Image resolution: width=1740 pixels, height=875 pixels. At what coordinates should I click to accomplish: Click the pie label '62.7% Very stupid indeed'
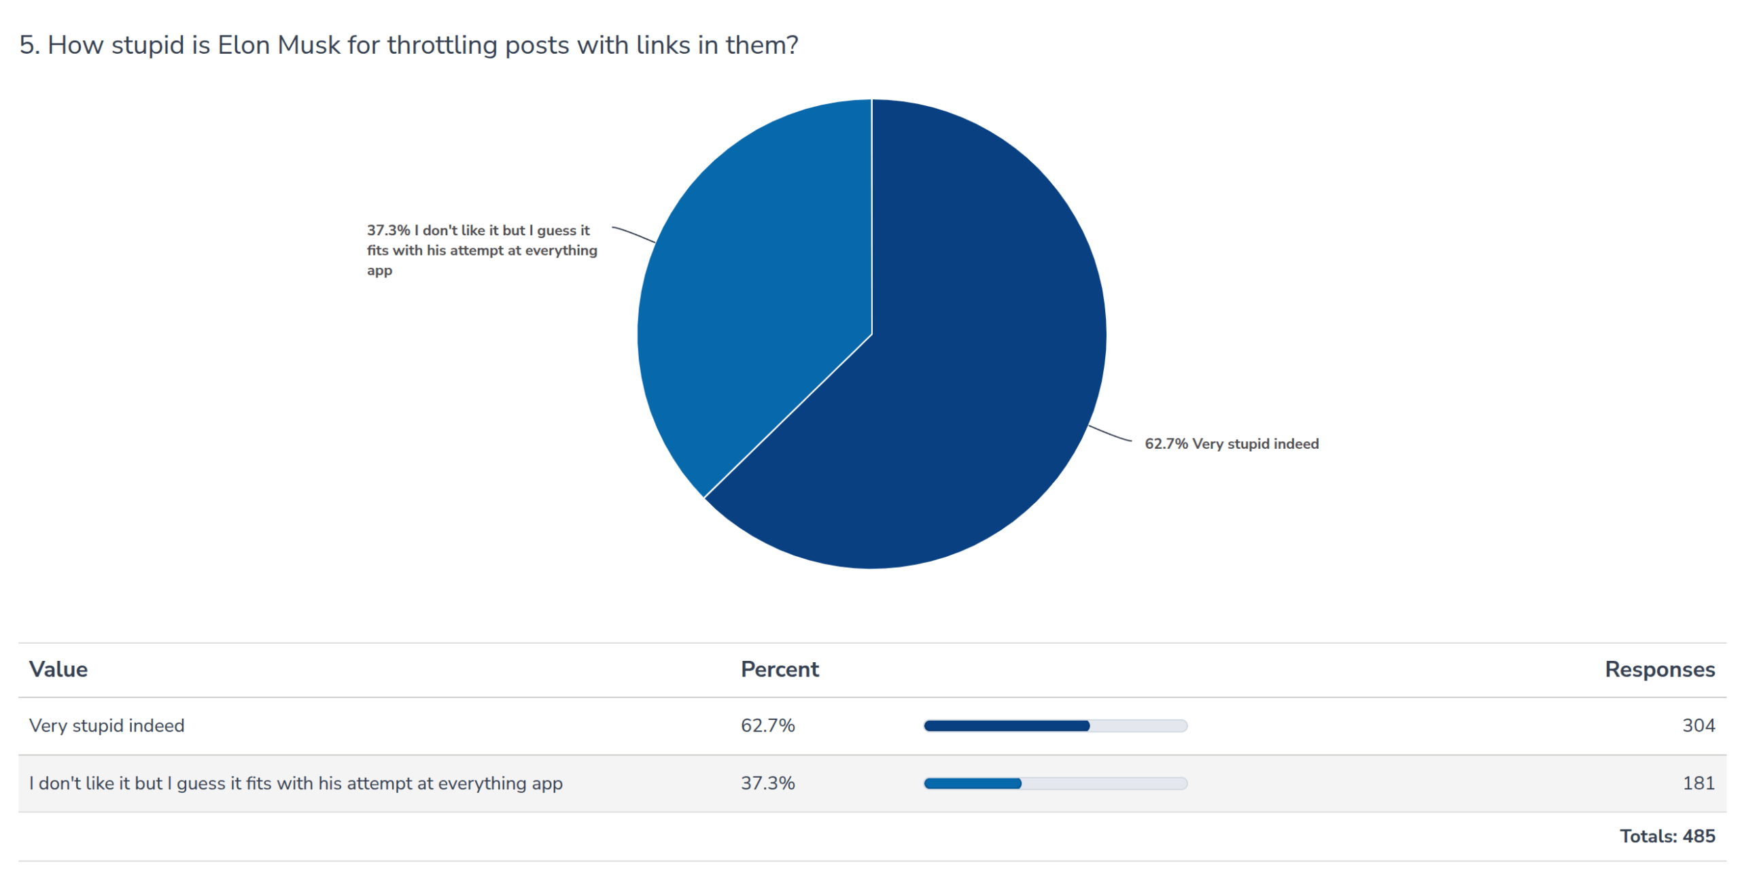1231,444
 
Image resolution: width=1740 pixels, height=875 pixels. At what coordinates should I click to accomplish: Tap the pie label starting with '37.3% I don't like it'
481,250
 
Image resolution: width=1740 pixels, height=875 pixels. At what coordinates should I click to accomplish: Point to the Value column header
58,670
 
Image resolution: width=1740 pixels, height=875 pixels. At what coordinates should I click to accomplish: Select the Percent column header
780,670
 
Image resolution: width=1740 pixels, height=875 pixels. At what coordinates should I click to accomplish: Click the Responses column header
1659,670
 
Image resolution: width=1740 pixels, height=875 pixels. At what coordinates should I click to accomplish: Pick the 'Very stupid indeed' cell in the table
107,726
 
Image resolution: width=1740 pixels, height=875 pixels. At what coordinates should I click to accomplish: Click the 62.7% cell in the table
767,726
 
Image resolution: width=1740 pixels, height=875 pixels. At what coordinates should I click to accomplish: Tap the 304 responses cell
1698,726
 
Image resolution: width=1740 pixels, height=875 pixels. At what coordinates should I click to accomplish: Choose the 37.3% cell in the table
767,783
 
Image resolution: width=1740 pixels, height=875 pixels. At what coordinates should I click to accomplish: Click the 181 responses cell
1698,783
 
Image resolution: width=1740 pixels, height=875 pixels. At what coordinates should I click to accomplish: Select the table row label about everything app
296,783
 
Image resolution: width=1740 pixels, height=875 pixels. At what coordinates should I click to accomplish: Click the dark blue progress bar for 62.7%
1006,726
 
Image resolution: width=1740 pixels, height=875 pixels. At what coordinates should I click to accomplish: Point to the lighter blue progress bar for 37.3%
972,784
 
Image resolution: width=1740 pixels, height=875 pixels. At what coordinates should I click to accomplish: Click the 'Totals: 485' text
1667,836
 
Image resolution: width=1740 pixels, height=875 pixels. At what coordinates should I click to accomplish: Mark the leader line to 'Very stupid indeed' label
1109,434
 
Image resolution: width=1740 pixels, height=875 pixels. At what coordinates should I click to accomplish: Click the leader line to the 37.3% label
633,234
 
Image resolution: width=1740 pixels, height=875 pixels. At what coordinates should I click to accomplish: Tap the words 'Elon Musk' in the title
278,45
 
